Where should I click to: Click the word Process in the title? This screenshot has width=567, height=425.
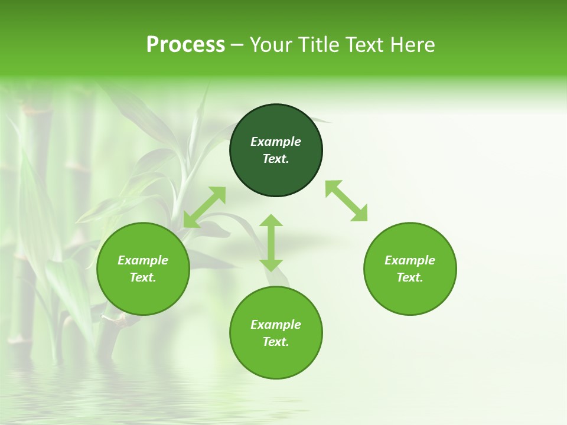tap(185, 45)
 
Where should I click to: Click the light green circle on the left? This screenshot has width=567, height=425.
tap(143, 295)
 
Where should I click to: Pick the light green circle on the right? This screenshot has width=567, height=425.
tap(410, 295)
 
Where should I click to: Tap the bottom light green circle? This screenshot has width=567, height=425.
tap(276, 360)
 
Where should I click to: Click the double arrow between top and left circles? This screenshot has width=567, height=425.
tap(204, 207)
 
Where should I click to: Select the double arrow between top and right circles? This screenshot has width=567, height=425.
tap(346, 201)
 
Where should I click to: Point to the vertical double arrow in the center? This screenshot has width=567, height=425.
tap(271, 243)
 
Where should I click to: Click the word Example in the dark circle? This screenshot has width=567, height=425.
tap(276, 142)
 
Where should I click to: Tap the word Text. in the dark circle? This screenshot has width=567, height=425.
tap(276, 159)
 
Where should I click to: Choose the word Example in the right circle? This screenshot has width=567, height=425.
tap(410, 260)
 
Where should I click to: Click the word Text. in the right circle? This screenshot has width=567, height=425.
tap(410, 277)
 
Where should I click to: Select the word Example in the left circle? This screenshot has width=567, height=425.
tap(143, 260)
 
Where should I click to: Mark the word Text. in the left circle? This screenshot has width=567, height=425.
tap(143, 277)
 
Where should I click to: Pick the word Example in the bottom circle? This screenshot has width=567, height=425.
tap(276, 325)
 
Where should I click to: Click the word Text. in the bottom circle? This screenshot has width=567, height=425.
tap(276, 342)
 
